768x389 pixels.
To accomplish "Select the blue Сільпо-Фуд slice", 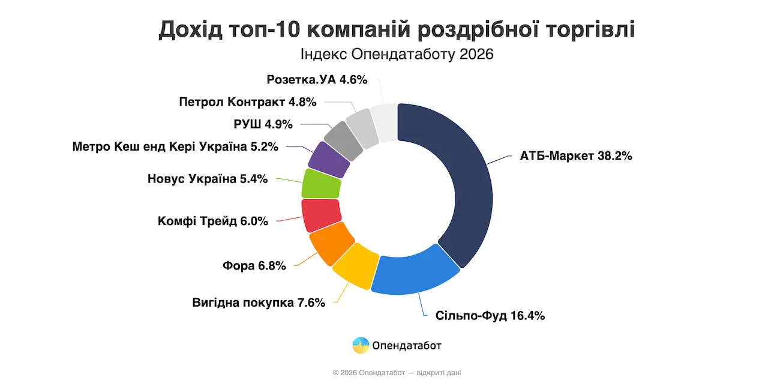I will pos(414,273).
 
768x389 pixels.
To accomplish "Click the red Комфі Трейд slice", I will pos(321,215).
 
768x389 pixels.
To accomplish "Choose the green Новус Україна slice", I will pos(321,184).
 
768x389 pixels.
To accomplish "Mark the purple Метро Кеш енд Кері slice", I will pos(329,159).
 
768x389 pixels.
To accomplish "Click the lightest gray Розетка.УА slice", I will pos(384,123).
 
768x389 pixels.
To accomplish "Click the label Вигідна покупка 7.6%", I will pos(259,302).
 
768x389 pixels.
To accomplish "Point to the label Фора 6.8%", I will pos(254,265).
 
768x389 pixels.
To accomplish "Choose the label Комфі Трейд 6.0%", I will pos(212,221).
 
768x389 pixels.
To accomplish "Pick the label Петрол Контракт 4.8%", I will pos(247,102).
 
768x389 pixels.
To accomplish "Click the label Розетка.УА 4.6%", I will pos(316,79).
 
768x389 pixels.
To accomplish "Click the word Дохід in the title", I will pos(190,29).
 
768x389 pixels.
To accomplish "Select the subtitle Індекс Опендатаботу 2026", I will pos(397,55).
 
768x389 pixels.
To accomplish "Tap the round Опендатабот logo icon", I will pos(361,345).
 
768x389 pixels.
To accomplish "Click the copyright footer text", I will pos(397,373).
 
